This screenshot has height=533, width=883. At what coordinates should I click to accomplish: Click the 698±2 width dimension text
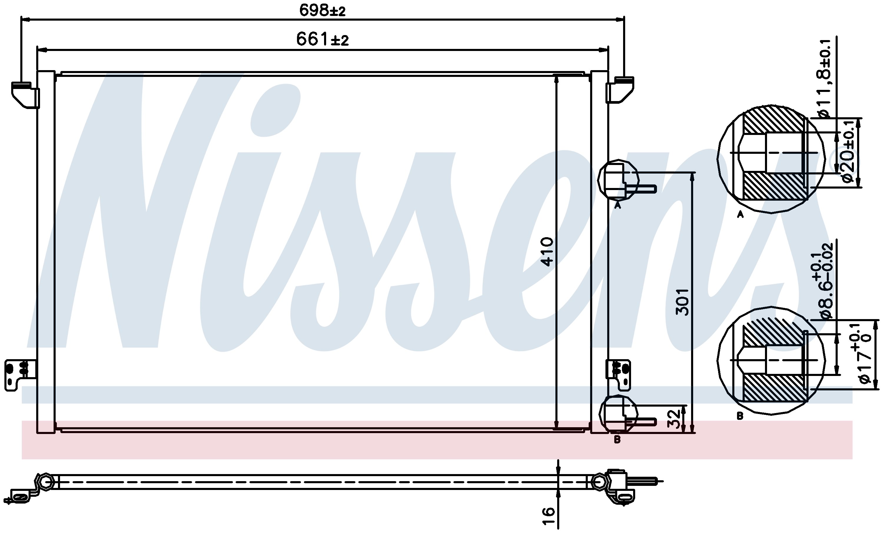[322, 10]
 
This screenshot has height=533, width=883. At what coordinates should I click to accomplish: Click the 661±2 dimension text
[322, 39]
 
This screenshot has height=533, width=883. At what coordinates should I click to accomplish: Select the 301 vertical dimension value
[682, 302]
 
